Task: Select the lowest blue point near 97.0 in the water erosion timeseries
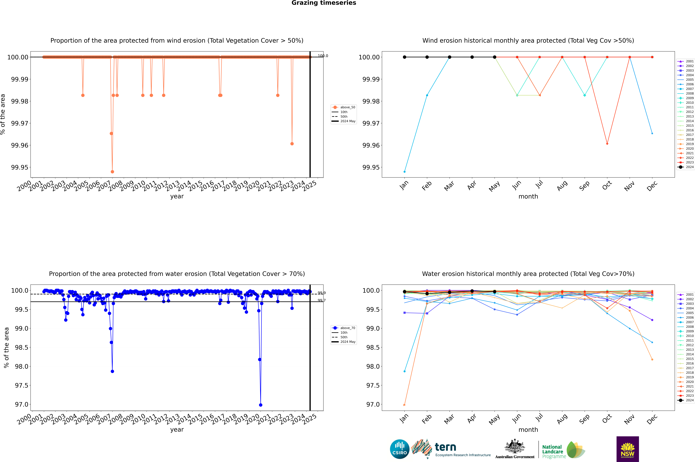(260, 405)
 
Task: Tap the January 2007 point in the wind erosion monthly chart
(405, 171)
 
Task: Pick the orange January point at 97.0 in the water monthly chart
(405, 405)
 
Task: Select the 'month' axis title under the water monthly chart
(528, 430)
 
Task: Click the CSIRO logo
(399, 449)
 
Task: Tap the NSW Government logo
(628, 449)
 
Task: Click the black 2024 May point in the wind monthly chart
(495, 57)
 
